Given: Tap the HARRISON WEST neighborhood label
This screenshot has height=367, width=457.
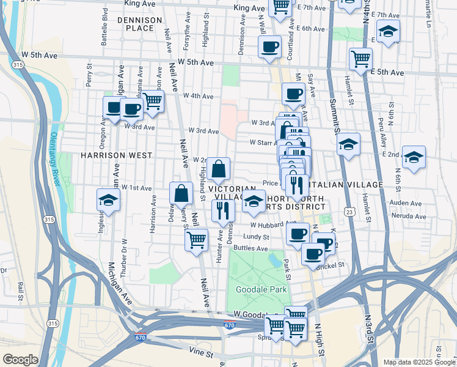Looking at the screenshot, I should (x=116, y=155).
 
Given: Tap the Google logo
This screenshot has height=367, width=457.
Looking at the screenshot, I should (x=20, y=359).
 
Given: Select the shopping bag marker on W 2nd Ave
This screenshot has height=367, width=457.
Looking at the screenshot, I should (x=218, y=169).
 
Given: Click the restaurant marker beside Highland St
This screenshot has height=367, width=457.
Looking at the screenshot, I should (x=223, y=210).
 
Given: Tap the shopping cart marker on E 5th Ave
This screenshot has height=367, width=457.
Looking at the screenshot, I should (x=360, y=59).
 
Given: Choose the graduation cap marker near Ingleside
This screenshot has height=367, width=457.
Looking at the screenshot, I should (x=108, y=199).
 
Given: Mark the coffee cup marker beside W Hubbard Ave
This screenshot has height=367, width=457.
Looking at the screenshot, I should (x=298, y=233).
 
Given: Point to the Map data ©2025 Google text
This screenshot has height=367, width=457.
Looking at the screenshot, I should (x=419, y=362).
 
